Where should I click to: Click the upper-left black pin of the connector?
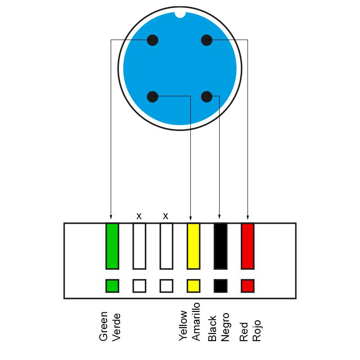coord(153,40)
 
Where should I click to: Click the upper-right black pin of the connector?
coord(207,40)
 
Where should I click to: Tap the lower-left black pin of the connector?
coord(153,97)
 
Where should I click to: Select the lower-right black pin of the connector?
coord(207,97)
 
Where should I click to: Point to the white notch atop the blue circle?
coord(180,15)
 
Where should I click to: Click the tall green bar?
coord(112,246)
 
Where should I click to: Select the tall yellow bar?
coord(193,246)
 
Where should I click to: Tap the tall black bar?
coord(220,246)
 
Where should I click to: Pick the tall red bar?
coord(248,246)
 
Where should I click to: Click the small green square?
coord(112,286)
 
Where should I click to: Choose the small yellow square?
coord(193,286)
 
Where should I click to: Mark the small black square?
coord(220,286)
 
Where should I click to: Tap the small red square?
coord(248,286)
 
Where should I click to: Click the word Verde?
coord(117,327)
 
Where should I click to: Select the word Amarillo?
coord(196,322)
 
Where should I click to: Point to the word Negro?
coord(225,327)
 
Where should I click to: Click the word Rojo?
coord(256,331)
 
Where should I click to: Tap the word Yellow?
coord(183,325)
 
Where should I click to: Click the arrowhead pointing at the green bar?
coord(111,217)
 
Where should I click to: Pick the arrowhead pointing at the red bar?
coord(248,217)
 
